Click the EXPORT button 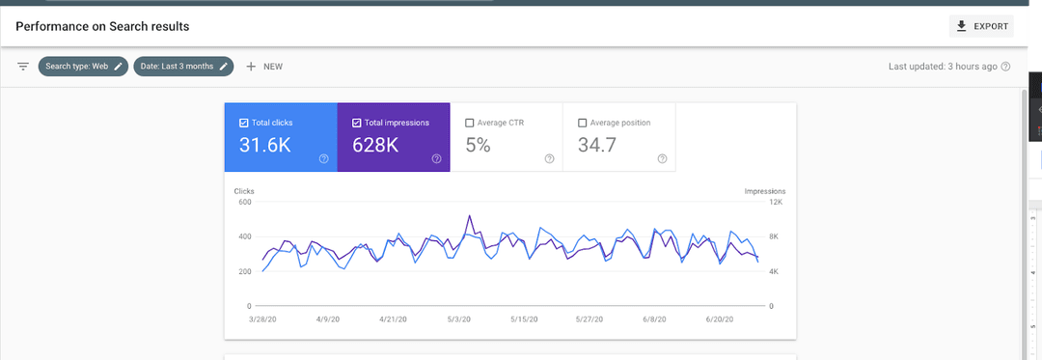click(981, 27)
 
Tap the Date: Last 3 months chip click(183, 67)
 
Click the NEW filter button click(264, 67)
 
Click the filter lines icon click(23, 67)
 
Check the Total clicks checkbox click(243, 123)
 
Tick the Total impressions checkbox click(357, 123)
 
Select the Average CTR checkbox click(470, 123)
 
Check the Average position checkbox click(583, 123)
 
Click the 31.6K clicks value click(265, 146)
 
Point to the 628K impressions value click(375, 146)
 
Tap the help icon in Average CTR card click(550, 158)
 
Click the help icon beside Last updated click(1006, 67)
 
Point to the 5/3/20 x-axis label click(459, 319)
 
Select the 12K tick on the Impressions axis click(775, 202)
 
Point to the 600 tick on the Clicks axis click(244, 202)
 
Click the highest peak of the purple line click(470, 216)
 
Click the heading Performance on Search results click(103, 27)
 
